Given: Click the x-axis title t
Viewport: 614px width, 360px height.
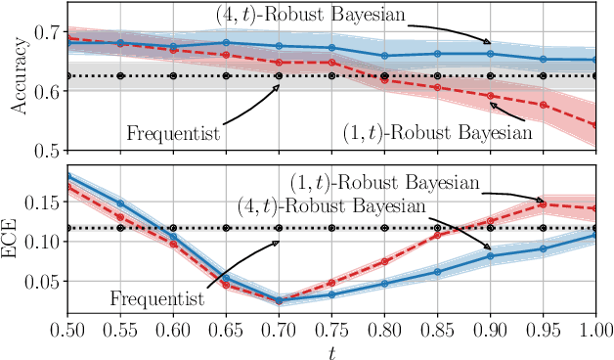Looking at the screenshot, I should click(331, 347).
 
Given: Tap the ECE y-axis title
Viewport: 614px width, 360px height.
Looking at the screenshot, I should click(17, 240).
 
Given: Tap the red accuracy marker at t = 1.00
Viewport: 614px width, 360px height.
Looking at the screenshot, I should click(595, 125).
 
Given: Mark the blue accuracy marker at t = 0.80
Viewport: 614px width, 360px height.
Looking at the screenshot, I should click(384, 56).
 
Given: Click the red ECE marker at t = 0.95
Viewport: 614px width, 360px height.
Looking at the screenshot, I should click(543, 203).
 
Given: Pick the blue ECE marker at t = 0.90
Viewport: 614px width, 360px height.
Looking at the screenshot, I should click(490, 256).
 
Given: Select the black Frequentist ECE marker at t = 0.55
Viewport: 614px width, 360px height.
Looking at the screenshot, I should click(119, 228).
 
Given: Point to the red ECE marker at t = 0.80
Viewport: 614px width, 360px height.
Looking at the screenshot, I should click(384, 261).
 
